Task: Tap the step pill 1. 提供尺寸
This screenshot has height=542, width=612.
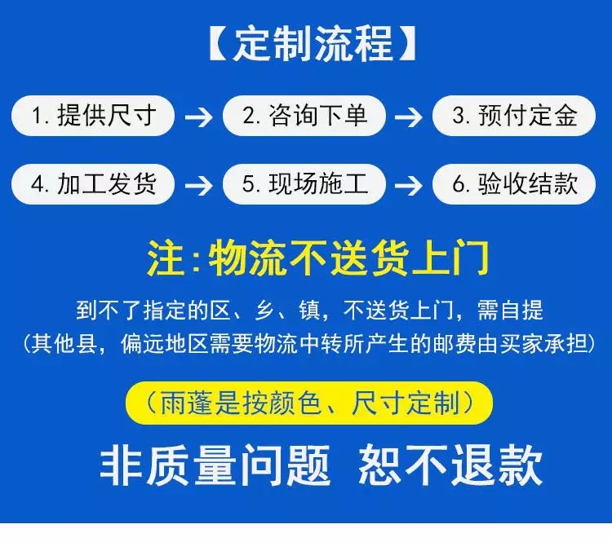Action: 93,116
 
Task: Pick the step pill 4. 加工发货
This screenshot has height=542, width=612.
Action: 93,183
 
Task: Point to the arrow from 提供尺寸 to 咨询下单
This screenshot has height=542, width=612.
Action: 198,117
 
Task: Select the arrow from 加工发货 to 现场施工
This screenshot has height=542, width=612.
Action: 198,185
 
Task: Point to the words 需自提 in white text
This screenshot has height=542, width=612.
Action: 513,311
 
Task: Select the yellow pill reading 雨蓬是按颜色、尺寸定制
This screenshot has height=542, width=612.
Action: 309,402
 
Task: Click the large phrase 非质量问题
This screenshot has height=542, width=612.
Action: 215,465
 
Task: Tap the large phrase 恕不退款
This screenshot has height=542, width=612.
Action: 450,465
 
